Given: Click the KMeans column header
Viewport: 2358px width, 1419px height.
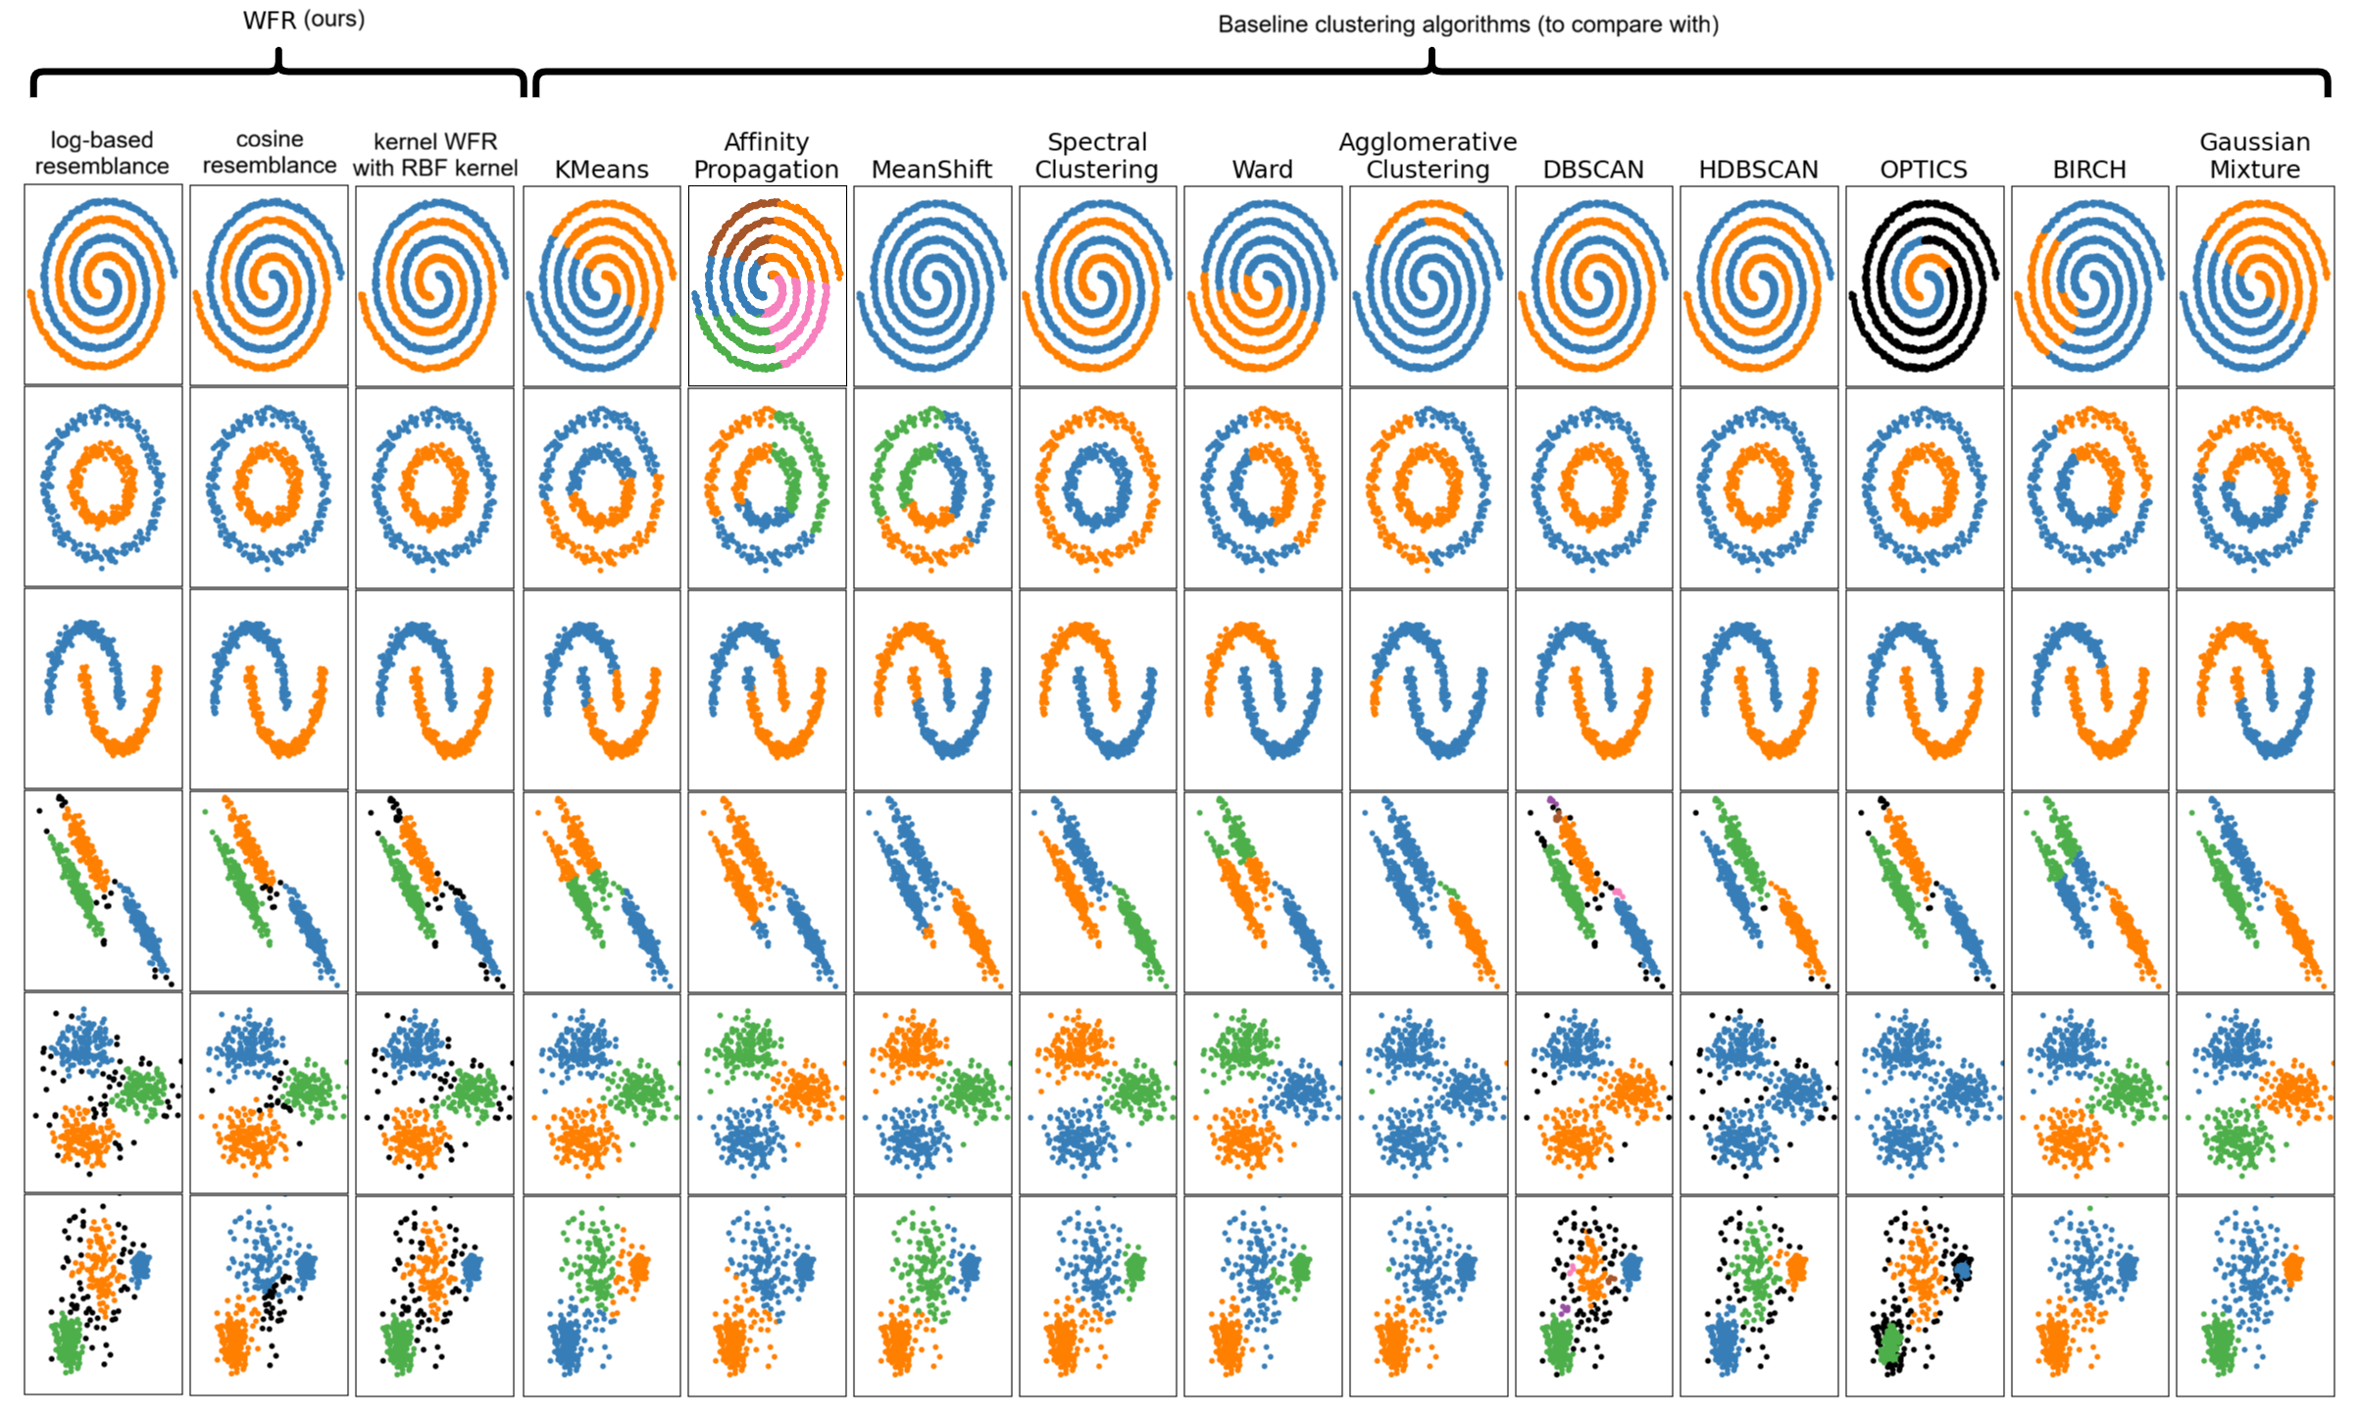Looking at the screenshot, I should [x=601, y=170].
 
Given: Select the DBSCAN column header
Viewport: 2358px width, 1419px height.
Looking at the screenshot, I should [x=1593, y=170].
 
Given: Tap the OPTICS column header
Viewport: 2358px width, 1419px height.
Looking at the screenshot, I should [x=1923, y=170].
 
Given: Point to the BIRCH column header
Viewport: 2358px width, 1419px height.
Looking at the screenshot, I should [x=2089, y=170].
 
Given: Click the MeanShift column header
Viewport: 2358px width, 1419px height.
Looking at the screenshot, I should [x=931, y=170].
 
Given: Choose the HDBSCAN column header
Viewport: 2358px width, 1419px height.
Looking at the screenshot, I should [x=1758, y=170].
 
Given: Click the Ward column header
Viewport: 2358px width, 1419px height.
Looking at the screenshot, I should [x=1262, y=170].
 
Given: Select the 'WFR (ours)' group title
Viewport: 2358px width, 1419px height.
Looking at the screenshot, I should [x=304, y=20].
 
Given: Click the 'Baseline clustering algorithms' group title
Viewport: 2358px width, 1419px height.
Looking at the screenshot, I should [x=1468, y=25].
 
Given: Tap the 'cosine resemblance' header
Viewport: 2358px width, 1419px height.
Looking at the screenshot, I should [x=269, y=152].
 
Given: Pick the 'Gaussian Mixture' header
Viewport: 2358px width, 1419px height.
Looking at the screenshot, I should [x=2254, y=155].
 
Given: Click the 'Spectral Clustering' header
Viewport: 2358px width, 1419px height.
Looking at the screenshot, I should [x=1096, y=155].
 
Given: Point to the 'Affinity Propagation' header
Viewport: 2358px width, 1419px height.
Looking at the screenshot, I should [x=766, y=155].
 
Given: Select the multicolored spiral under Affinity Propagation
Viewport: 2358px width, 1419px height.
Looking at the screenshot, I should [x=767, y=285].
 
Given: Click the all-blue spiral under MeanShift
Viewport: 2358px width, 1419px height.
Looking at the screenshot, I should [x=931, y=285].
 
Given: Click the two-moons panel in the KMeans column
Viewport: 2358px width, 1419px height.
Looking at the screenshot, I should [x=601, y=689].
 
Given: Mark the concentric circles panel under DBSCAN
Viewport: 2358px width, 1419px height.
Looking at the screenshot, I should [x=1593, y=487].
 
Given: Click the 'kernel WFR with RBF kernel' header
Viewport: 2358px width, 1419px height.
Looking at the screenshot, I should [x=434, y=154].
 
